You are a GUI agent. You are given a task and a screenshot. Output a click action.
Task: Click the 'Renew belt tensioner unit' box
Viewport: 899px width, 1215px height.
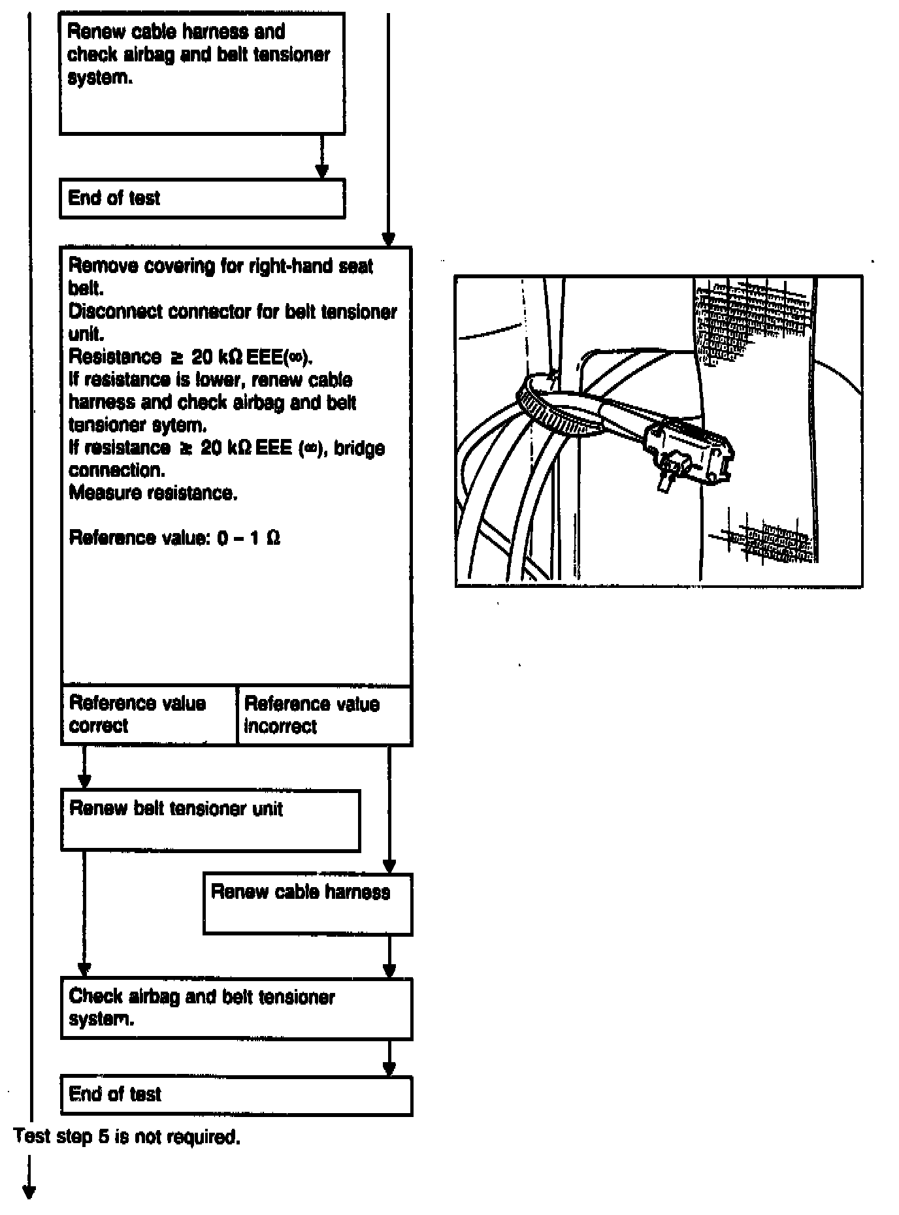(x=210, y=820)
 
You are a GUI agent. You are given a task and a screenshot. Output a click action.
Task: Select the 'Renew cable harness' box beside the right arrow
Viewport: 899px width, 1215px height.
(x=308, y=903)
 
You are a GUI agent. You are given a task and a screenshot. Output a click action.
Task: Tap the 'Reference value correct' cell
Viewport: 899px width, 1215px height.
(x=149, y=715)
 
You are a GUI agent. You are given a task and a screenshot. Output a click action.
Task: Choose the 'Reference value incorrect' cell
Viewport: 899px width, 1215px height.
(x=324, y=715)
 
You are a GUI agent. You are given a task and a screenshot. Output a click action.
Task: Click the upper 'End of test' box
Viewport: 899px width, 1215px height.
(x=202, y=199)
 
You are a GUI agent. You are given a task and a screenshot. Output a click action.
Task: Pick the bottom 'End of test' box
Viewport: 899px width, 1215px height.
(x=236, y=1095)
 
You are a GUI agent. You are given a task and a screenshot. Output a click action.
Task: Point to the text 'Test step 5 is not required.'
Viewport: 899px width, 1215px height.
(x=127, y=1137)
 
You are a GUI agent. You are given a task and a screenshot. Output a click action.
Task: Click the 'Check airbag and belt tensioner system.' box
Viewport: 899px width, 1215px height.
(x=236, y=1008)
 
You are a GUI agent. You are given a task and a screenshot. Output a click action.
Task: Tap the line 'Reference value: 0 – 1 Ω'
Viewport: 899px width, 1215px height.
(x=174, y=538)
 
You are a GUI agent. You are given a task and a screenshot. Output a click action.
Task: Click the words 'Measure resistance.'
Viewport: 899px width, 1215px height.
(x=153, y=493)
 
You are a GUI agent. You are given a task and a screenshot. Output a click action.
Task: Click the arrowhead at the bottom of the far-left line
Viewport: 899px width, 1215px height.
(x=29, y=1193)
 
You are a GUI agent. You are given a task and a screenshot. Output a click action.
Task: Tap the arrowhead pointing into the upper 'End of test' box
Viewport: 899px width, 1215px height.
(x=321, y=171)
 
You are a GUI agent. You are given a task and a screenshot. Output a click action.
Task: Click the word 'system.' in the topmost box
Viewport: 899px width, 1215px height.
(x=100, y=78)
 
